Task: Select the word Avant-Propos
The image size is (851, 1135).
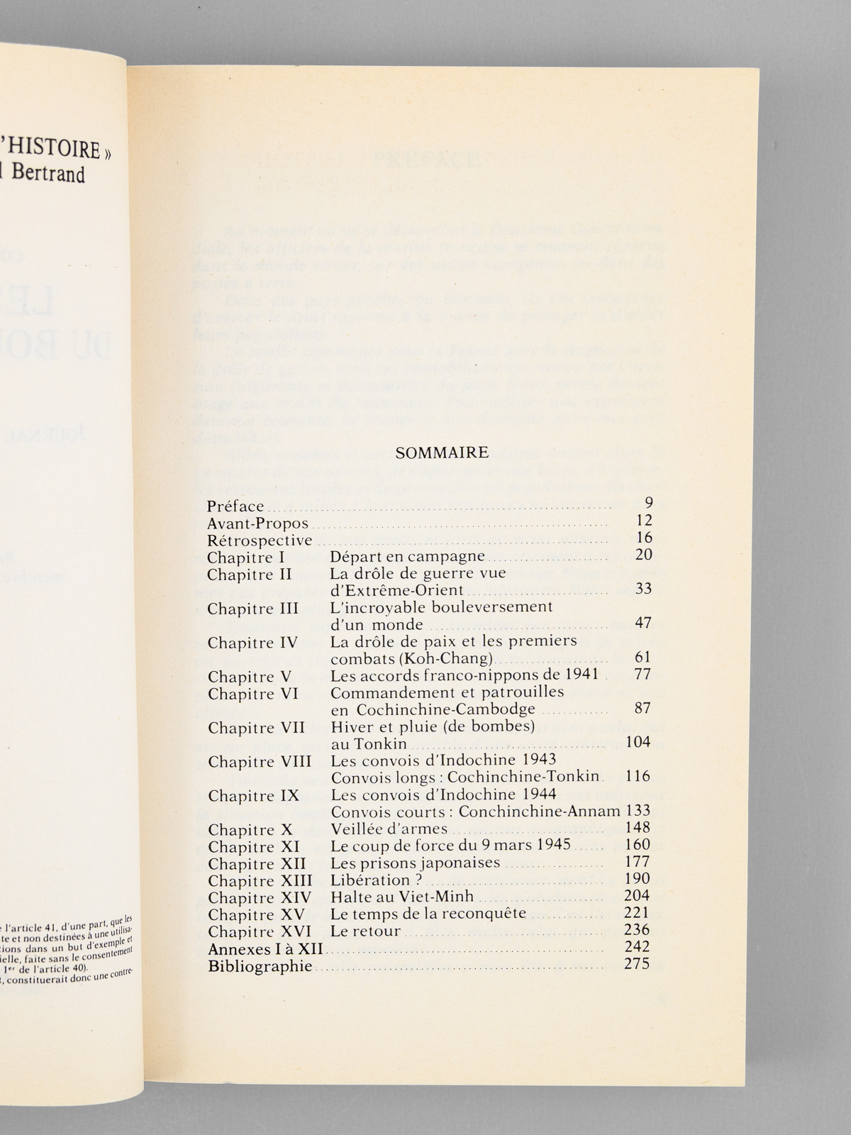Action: (258, 524)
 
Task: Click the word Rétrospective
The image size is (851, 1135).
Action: (260, 541)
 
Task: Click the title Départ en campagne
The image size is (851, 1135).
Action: (408, 557)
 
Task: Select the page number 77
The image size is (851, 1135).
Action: (642, 674)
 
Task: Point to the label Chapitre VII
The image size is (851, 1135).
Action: (257, 728)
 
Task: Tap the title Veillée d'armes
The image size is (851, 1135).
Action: (389, 829)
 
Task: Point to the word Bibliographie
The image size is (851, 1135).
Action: (260, 966)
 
